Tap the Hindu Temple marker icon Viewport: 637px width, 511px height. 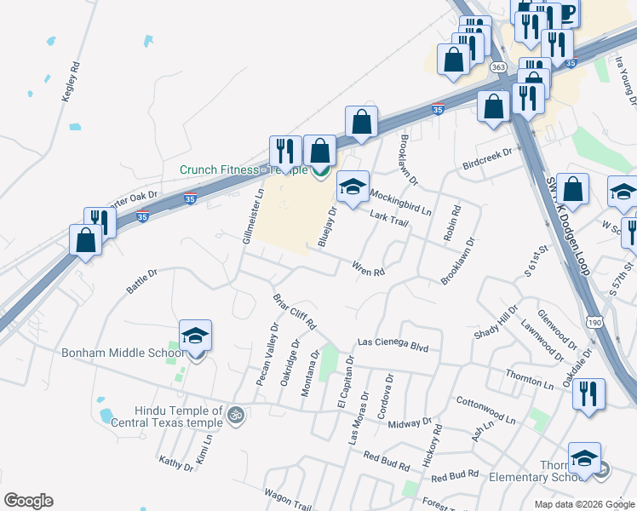[236, 416]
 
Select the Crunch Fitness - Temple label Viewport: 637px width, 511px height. [243, 169]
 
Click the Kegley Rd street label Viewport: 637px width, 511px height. [70, 83]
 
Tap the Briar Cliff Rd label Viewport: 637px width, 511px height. [295, 313]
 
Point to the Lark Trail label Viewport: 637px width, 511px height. [389, 219]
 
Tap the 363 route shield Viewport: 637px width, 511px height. [499, 67]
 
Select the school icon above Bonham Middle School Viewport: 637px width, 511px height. [195, 336]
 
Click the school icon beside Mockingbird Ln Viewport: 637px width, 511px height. [353, 186]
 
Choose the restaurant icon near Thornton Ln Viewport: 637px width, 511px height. [588, 394]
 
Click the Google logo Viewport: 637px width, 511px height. [28, 501]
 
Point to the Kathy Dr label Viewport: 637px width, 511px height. [176, 463]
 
